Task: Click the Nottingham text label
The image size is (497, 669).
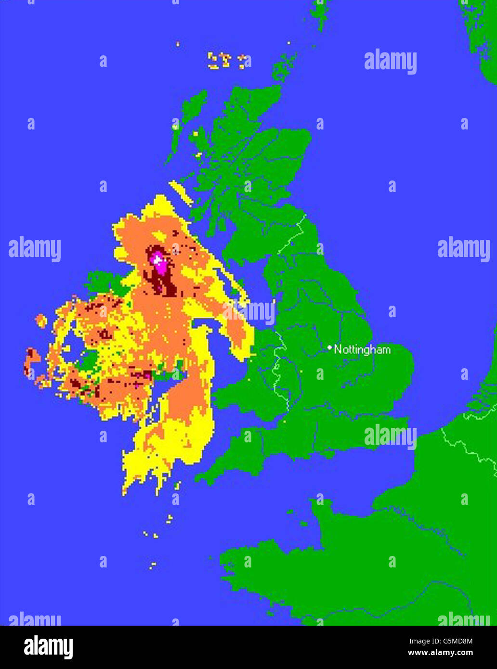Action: point(362,349)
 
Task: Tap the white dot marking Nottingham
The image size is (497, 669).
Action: point(329,347)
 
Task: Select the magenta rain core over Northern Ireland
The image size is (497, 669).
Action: point(157,261)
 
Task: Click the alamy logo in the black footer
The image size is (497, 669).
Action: point(48,646)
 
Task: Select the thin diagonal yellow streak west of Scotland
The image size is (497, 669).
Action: point(181,193)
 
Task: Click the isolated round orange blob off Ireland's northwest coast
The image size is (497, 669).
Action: point(41,320)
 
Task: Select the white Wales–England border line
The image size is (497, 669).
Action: point(278,366)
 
